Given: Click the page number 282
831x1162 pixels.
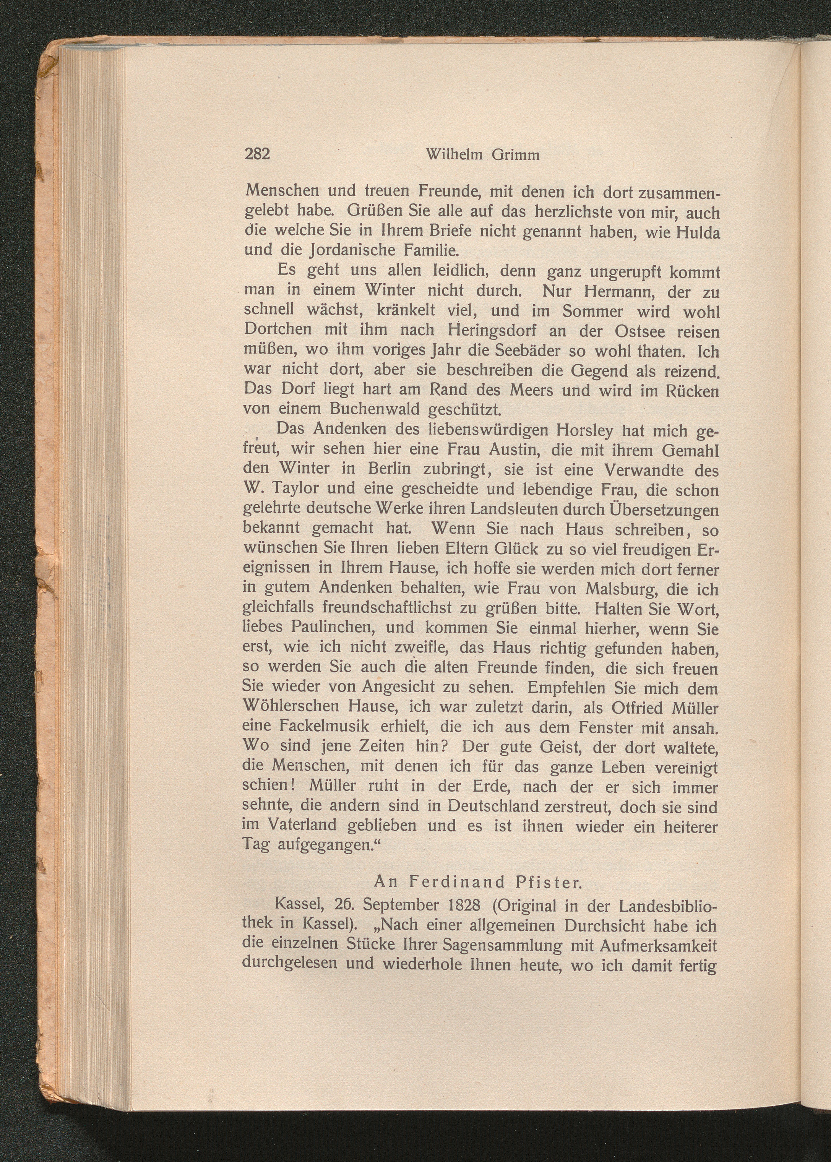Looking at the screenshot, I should [257, 154].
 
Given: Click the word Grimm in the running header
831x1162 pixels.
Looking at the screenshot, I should [516, 154].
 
